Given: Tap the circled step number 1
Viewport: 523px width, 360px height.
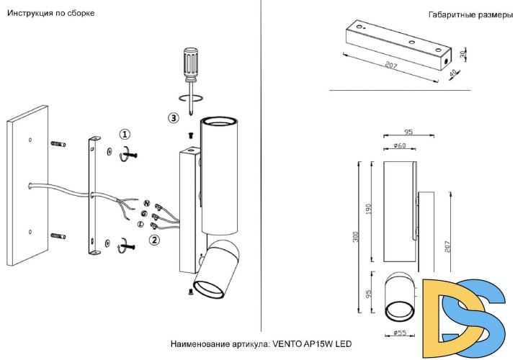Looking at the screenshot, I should click(x=125, y=135).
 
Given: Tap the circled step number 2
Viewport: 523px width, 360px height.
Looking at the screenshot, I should click(x=153, y=239).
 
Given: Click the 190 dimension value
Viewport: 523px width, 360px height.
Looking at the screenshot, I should click(x=370, y=210).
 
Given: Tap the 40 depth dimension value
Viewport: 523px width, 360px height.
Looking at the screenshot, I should click(x=453, y=74).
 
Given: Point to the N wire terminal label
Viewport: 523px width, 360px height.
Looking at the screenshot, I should click(x=146, y=204).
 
